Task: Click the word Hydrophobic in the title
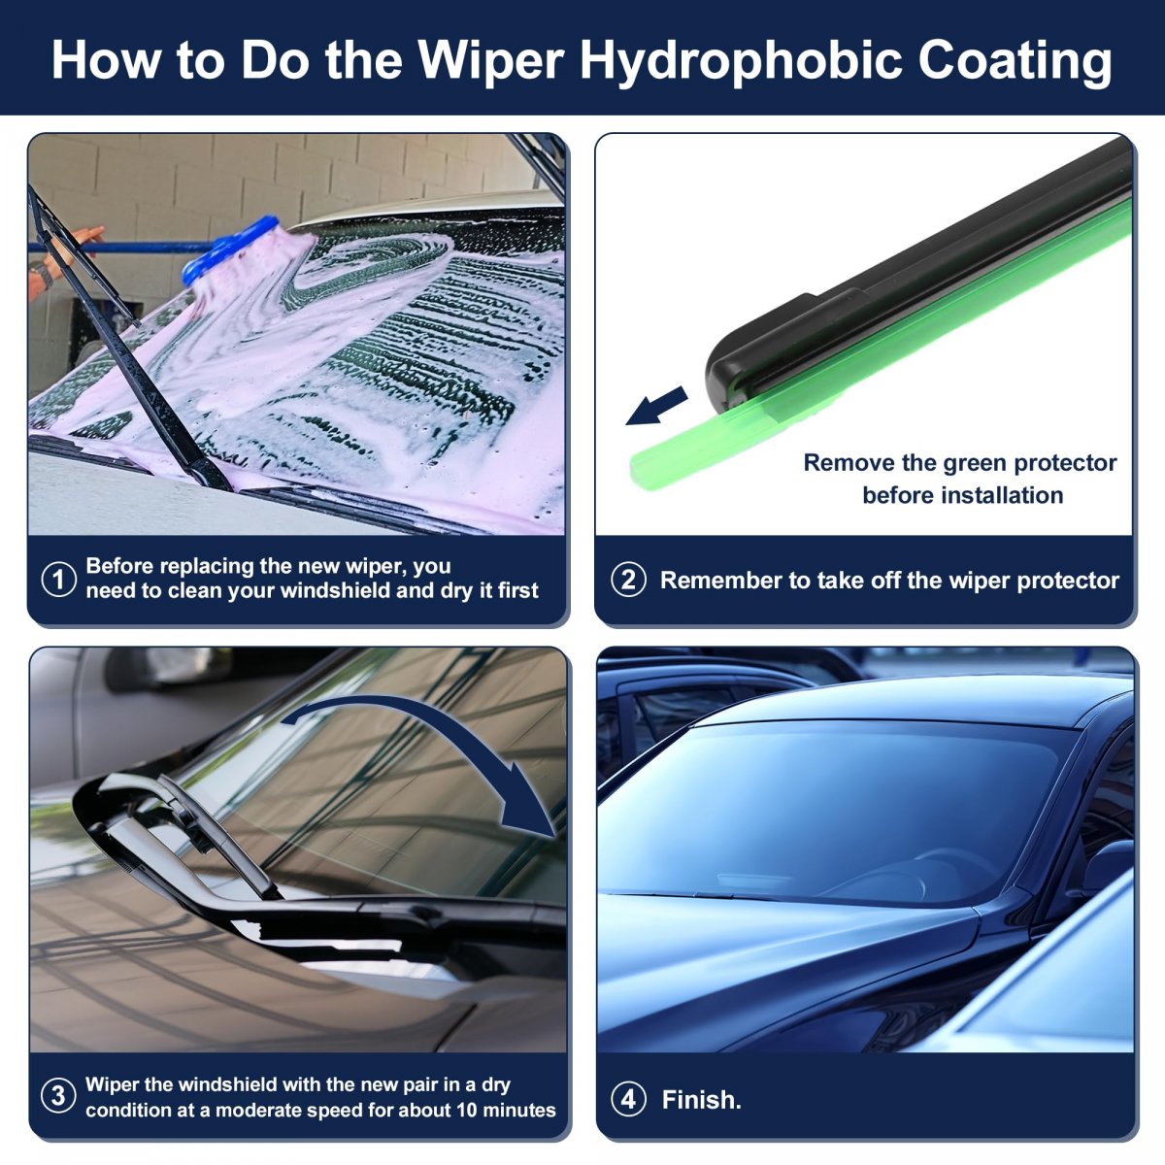point(741,62)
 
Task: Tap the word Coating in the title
point(1015,62)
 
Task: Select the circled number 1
point(58,580)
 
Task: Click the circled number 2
point(628,580)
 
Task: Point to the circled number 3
point(58,1095)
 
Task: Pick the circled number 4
point(628,1098)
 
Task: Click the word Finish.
point(701,1099)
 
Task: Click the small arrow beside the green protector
point(656,406)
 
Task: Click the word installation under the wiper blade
point(1005,495)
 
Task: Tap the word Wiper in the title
point(491,62)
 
